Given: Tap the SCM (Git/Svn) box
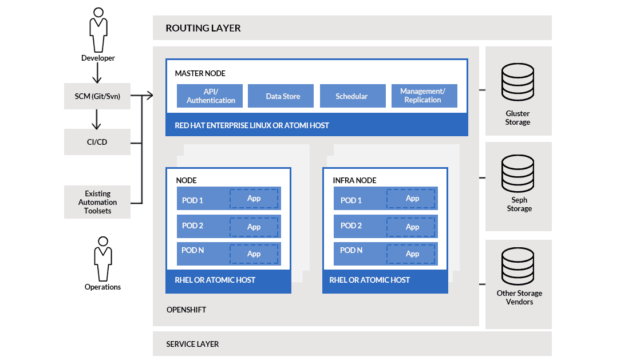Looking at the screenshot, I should tap(97, 96).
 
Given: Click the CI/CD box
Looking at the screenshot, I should tap(97, 142).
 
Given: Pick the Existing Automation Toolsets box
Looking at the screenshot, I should tap(97, 202).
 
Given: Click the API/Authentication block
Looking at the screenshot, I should tap(210, 96).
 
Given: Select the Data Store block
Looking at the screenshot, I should tap(283, 96).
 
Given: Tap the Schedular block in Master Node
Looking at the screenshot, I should tap(352, 96).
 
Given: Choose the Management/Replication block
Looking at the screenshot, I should tap(424, 96).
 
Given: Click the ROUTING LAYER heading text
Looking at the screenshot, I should tap(203, 28).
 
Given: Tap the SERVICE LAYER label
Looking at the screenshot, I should tap(192, 344).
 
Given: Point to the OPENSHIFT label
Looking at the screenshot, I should tap(186, 310).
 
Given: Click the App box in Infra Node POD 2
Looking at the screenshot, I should tap(412, 227).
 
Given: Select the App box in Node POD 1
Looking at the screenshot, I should tap(254, 199).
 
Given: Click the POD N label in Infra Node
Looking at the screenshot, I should tap(351, 250).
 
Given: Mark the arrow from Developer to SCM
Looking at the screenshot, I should tap(97, 73).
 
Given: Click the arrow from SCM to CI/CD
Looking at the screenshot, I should tap(97, 118).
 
